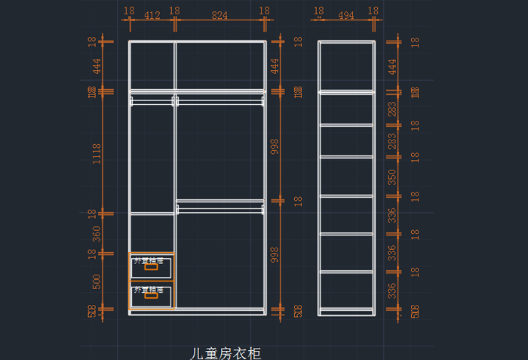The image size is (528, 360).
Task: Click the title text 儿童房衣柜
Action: (226, 352)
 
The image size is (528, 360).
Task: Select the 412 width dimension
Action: (152, 15)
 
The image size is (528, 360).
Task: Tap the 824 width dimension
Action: (219, 15)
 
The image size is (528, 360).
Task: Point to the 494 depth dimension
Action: (346, 15)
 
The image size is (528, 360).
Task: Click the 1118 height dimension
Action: (97, 153)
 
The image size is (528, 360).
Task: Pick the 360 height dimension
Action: (97, 233)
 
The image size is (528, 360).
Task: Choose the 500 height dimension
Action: (97, 281)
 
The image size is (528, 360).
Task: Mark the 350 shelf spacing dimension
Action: (391, 177)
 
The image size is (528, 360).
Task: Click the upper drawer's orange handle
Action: (151, 266)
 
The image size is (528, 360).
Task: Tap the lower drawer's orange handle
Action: (151, 295)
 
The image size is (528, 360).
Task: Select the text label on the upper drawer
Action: (149, 260)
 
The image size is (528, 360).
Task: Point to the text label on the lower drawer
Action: (149, 289)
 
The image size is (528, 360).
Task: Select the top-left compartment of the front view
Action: (152, 66)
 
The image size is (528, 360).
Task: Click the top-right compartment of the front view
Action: (219, 66)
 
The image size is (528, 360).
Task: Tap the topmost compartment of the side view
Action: (346, 66)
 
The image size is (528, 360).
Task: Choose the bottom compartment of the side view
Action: (346, 291)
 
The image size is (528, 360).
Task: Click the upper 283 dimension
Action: (391, 109)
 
